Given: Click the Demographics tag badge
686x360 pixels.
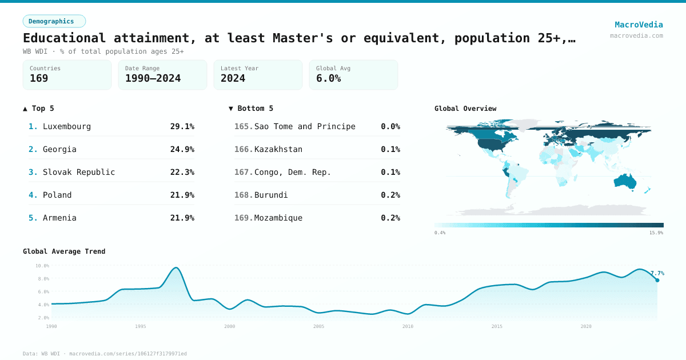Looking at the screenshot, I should point(54,21).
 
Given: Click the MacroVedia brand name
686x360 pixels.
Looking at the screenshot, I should point(639,25).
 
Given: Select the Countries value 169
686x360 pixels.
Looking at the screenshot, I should point(39,78).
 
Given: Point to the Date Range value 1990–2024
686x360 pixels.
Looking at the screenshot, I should point(153,78).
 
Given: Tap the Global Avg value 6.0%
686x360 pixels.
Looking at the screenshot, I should point(328,78).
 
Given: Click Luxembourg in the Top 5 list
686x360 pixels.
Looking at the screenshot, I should point(66,126).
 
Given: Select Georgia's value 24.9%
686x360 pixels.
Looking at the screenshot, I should point(182,149).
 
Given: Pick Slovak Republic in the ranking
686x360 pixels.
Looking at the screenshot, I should point(79,172).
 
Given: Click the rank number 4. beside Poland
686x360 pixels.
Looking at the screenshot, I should point(33,195).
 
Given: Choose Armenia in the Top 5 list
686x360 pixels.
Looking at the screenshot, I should point(59,218).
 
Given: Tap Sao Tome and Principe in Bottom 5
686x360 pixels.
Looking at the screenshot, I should point(305,126).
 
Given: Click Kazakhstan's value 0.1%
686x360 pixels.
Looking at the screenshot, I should point(390,149).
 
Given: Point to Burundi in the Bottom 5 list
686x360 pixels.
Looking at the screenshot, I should point(271,195).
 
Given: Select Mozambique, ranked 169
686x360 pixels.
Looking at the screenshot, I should point(278,218).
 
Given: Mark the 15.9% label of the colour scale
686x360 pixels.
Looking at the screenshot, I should point(656,233).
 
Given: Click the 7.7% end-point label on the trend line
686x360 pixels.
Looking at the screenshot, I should point(657,273).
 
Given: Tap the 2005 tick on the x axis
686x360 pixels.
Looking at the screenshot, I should point(318,326).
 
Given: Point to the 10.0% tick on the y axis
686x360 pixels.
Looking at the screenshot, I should point(42,266).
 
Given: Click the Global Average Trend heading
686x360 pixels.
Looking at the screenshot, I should point(64,251).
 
